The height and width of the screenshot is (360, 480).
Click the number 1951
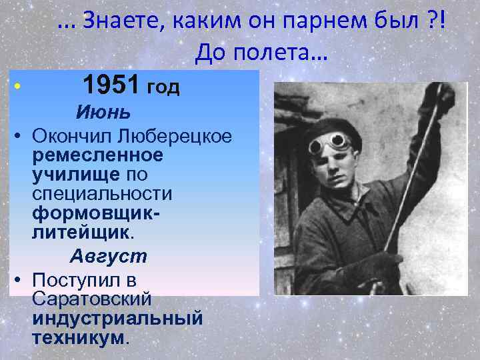click(109, 85)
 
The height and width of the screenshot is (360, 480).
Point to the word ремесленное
click(97, 155)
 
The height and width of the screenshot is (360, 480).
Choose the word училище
click(75, 175)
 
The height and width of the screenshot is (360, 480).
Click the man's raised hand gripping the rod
click(445, 98)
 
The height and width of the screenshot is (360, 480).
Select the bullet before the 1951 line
click(18, 87)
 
